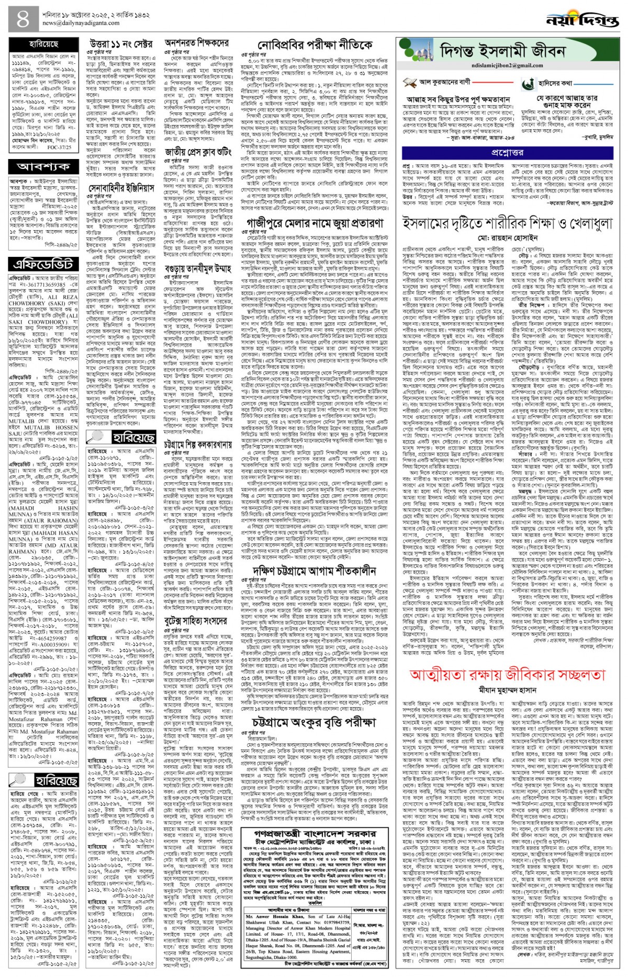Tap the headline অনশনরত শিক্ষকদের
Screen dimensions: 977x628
point(197,43)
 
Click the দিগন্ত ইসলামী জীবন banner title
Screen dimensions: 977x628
point(502,51)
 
